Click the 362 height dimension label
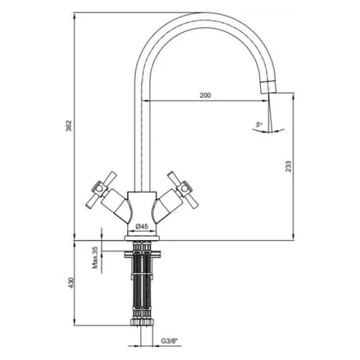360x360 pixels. tap(69, 126)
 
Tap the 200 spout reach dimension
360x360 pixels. tap(205, 95)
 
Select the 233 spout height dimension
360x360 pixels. tap(288, 166)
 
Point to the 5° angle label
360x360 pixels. tap(259, 125)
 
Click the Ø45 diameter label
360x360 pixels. tap(142, 226)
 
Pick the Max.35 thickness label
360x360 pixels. tap(95, 257)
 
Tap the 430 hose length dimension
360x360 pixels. tap(71, 283)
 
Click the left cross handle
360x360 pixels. tap(101, 190)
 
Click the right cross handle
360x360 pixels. tap(183, 190)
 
